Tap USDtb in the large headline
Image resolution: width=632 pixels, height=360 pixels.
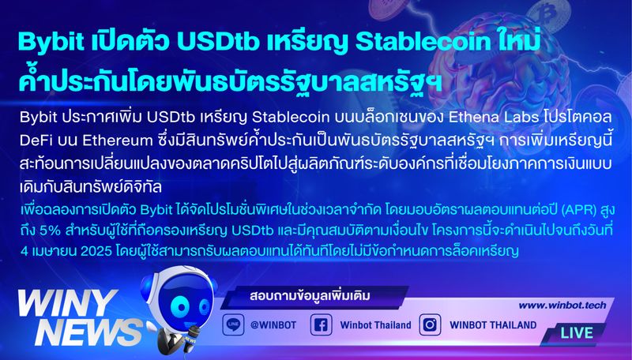pyautogui.click(x=213, y=41)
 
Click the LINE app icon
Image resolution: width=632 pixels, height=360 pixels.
pyautogui.click(x=232, y=324)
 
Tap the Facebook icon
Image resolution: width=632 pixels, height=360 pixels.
pyautogui.click(x=321, y=324)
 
